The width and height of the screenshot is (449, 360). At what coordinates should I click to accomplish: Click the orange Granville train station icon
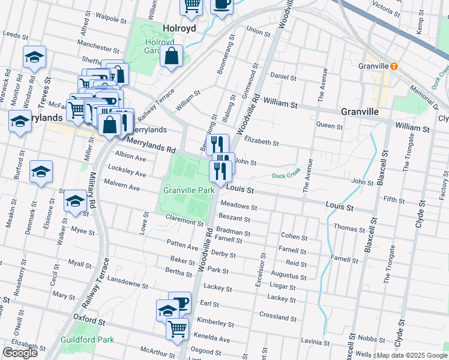[x=394, y=66]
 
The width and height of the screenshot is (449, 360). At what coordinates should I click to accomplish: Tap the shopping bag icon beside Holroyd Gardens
[x=172, y=57]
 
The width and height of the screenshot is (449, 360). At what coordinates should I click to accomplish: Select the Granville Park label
[x=189, y=190]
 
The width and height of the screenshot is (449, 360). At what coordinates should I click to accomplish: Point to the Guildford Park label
[x=88, y=340]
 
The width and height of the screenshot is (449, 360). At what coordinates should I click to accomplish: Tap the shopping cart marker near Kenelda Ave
[x=178, y=329]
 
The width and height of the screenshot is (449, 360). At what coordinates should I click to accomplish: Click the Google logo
[x=20, y=353]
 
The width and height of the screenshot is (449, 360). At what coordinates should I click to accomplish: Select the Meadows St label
[x=238, y=207]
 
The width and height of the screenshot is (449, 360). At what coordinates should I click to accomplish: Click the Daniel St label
[x=283, y=77]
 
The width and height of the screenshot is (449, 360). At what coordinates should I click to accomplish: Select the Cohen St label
[x=294, y=237]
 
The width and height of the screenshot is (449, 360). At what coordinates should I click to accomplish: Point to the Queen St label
[x=329, y=127]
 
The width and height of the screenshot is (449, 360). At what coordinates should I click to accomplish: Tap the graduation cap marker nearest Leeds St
[x=34, y=58]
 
